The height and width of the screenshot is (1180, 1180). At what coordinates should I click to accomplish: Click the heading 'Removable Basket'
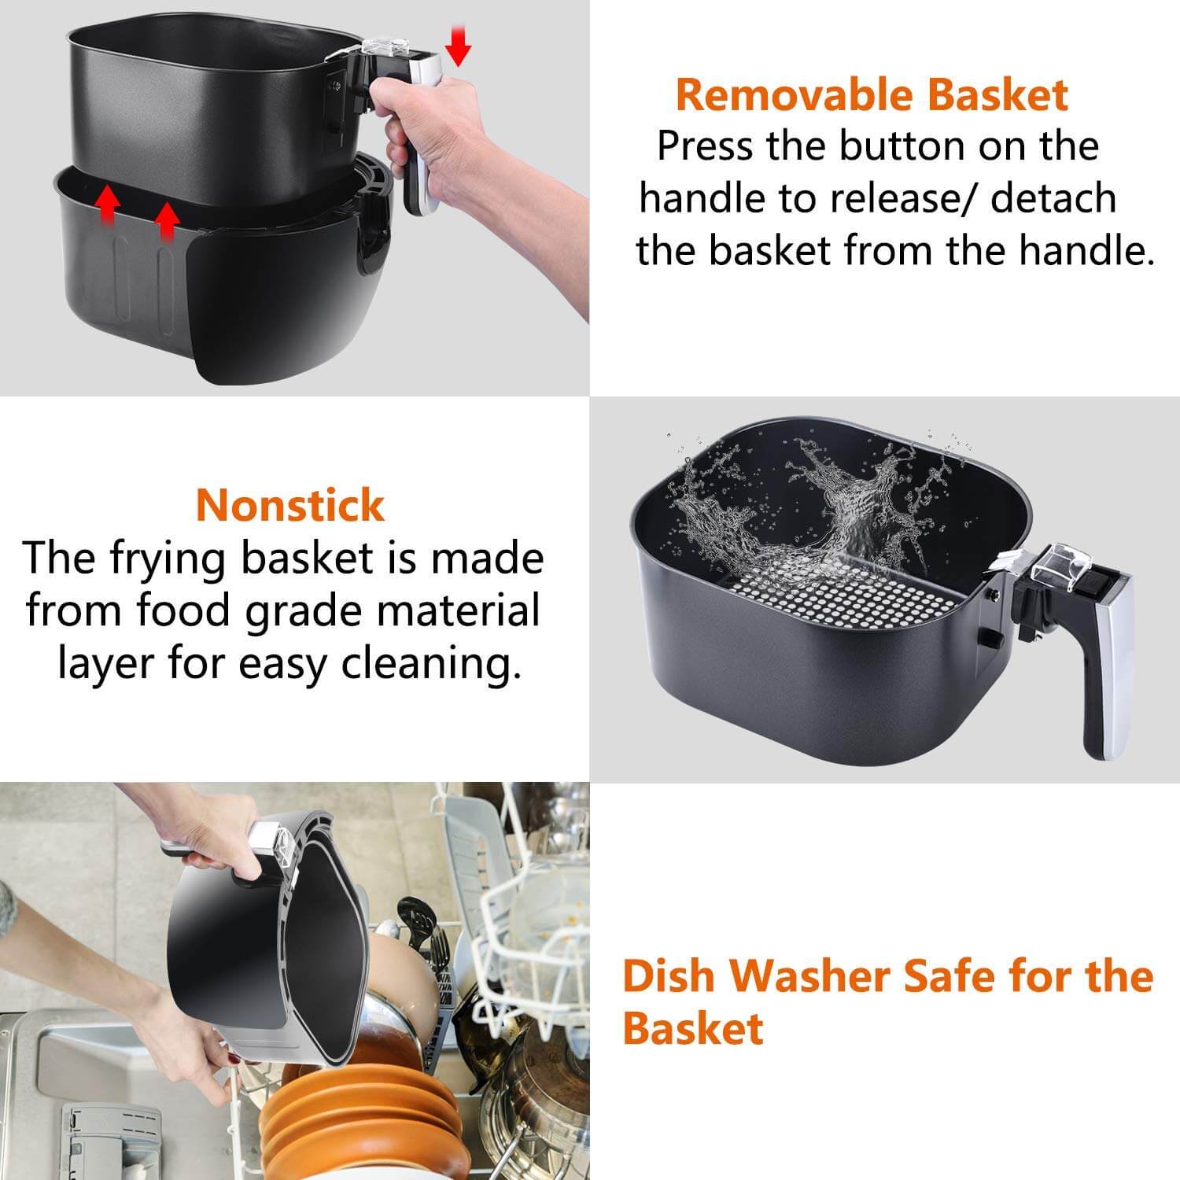(872, 95)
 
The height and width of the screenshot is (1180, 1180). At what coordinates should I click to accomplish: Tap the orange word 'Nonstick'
(290, 505)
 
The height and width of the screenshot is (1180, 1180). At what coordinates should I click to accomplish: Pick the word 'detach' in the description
(1053, 198)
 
